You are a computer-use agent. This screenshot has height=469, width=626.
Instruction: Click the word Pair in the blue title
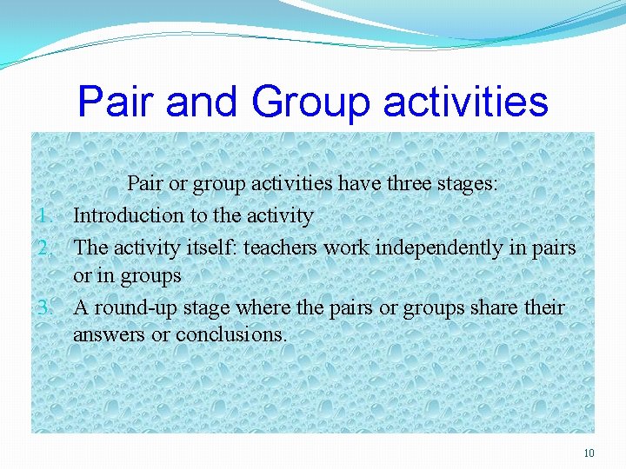[x=117, y=102]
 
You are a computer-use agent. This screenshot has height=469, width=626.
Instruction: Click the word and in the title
[x=203, y=102]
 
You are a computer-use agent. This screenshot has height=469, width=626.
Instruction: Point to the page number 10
[x=589, y=453]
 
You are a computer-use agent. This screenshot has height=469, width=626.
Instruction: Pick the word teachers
[x=281, y=248]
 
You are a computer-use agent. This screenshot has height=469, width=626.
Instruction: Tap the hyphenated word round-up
[x=133, y=308]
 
